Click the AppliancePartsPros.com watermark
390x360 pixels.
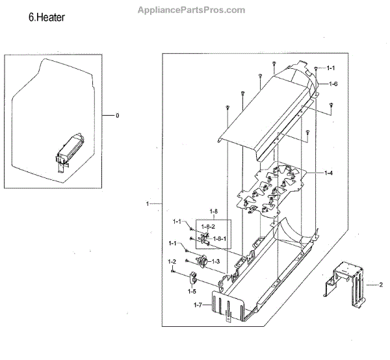click(192, 10)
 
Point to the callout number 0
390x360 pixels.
click(118, 116)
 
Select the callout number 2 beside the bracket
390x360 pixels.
click(380, 285)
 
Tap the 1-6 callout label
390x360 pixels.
click(333, 84)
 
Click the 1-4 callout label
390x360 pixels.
click(329, 173)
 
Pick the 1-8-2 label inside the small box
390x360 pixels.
click(208, 226)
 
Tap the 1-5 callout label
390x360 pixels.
click(192, 292)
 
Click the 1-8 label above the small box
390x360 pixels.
click(214, 212)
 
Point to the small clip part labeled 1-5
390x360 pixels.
click(194, 279)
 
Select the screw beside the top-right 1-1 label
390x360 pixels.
click(316, 69)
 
